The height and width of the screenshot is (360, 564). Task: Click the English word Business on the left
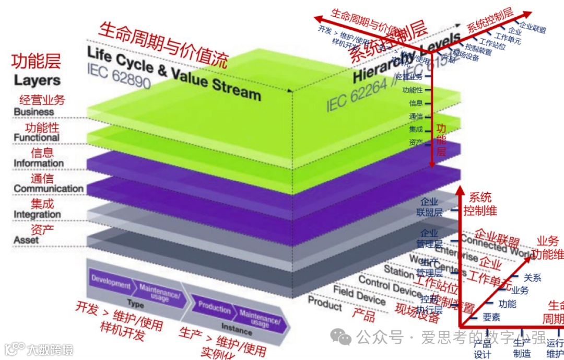pyautogui.click(x=34, y=112)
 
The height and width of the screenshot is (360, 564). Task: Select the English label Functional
pyautogui.click(x=37, y=137)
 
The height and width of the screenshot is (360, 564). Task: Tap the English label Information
pyautogui.click(x=39, y=163)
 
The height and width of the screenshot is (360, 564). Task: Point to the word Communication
pyautogui.click(x=49, y=189)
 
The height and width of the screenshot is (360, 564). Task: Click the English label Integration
pyautogui.click(x=37, y=214)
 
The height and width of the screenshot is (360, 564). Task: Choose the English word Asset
pyautogui.click(x=27, y=240)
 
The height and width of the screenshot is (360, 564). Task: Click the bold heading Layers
pyautogui.click(x=37, y=80)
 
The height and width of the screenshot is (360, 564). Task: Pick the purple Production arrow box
pyautogui.click(x=215, y=308)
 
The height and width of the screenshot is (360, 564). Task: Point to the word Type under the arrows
pyautogui.click(x=135, y=304)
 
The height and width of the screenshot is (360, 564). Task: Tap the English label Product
pyautogui.click(x=324, y=303)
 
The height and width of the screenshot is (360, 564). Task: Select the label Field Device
pyautogui.click(x=359, y=295)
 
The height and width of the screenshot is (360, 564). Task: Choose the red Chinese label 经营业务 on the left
pyautogui.click(x=42, y=99)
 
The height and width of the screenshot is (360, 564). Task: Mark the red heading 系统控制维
pyautogui.click(x=480, y=204)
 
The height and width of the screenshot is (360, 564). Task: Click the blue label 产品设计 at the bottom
pyautogui.click(x=483, y=349)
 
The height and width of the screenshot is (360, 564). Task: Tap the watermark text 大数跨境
pyautogui.click(x=50, y=349)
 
